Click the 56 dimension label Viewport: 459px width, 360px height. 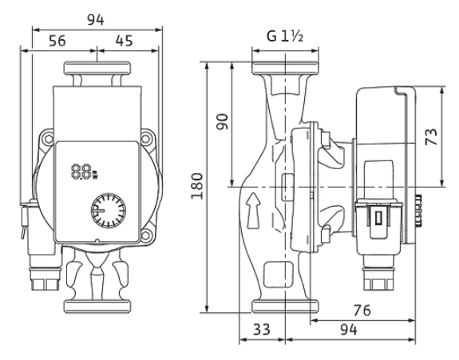[x=57, y=41]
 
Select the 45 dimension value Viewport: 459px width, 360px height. [x=124, y=41]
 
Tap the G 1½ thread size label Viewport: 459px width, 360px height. [x=285, y=36]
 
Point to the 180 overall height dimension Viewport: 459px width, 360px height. [x=197, y=186]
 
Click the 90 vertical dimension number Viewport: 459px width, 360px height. [x=222, y=121]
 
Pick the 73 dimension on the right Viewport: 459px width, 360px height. [x=431, y=136]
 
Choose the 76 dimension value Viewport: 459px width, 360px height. [x=362, y=311]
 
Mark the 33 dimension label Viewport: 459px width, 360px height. [x=262, y=330]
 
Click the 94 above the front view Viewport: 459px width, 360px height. [x=96, y=20]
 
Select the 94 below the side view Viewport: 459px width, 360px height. [x=349, y=330]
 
